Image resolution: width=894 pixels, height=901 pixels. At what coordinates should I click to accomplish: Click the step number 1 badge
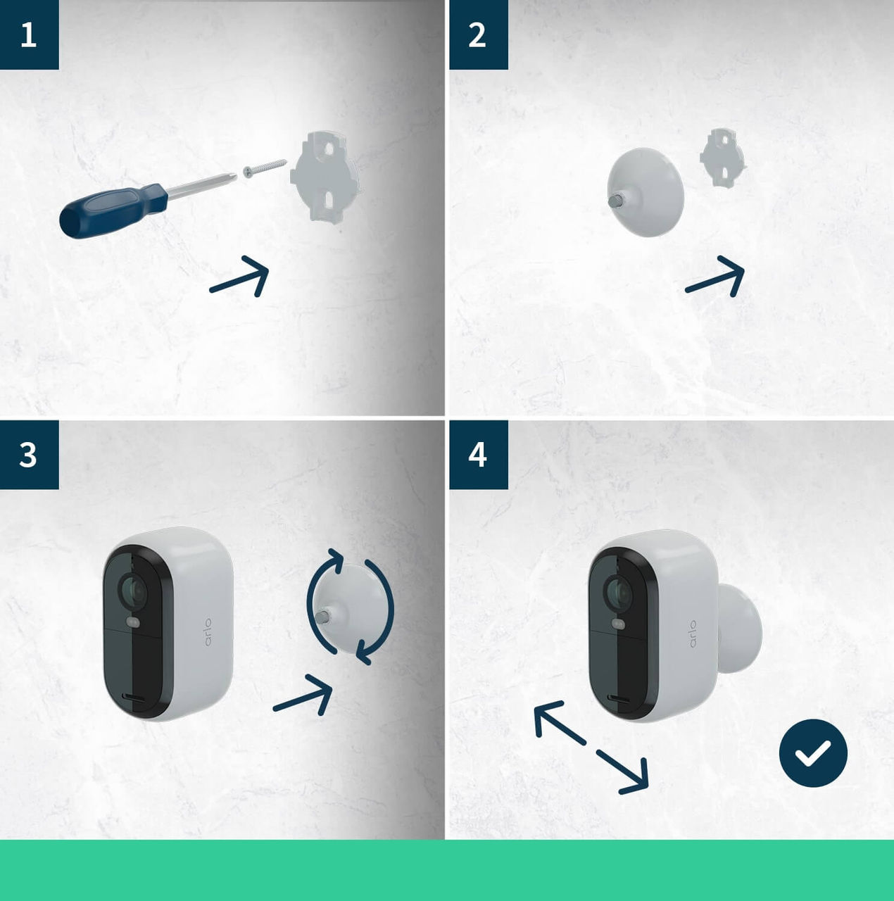[x=29, y=34]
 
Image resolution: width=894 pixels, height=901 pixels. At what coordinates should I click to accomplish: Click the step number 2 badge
[x=478, y=34]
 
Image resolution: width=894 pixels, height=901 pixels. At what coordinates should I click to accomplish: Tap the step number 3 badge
[x=29, y=455]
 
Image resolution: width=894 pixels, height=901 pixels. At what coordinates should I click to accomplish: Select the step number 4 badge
[x=478, y=455]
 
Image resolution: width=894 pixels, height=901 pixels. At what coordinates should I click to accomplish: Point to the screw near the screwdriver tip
[x=265, y=168]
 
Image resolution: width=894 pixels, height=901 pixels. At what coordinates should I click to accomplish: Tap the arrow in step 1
[x=241, y=277]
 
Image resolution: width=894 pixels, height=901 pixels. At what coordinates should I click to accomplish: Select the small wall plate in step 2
[x=722, y=158]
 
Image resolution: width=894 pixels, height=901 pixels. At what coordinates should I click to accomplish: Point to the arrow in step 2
[x=717, y=277]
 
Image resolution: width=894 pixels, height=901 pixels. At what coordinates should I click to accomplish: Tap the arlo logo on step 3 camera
[x=208, y=632]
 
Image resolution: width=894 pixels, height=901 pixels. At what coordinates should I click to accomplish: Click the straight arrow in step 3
[x=304, y=695]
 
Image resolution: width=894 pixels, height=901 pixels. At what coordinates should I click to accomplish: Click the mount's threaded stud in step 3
[x=323, y=617]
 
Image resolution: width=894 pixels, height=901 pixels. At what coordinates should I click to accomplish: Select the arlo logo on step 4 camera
[x=692, y=634]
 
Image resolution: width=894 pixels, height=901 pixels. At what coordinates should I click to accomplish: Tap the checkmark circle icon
[x=813, y=752]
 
